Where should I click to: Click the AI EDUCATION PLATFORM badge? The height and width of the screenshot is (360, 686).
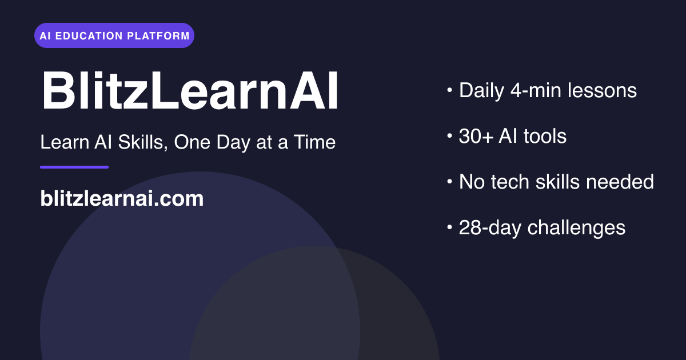114,35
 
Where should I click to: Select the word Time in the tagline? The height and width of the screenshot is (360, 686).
314,142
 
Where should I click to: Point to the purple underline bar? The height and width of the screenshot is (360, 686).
74,167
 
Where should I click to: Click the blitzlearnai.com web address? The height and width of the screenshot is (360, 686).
122,199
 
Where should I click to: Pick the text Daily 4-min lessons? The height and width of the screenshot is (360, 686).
548,90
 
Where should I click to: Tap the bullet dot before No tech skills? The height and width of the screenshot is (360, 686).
450,182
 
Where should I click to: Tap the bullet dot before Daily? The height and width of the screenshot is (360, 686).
450,90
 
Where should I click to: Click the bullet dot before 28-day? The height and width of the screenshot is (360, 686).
450,227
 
